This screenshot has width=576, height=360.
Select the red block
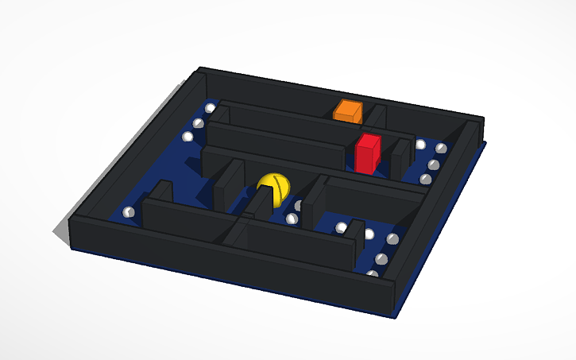(x=367, y=153)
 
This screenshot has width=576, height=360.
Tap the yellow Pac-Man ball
(x=274, y=190)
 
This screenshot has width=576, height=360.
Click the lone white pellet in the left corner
(x=128, y=212)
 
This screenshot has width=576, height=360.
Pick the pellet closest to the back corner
(x=210, y=107)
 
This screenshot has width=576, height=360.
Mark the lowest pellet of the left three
(x=187, y=137)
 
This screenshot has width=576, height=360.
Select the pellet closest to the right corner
(x=441, y=149)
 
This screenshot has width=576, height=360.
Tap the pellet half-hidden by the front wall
(x=372, y=274)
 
